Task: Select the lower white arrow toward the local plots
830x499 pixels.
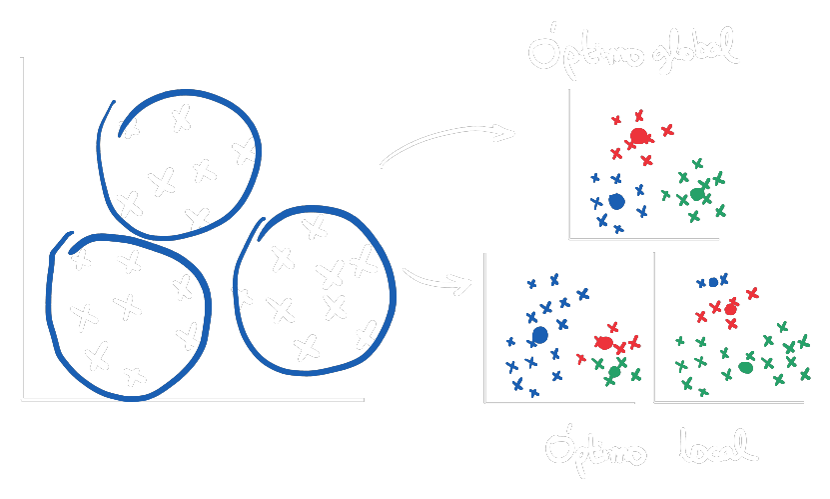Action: click(x=437, y=280)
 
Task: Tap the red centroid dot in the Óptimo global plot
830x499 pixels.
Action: click(x=638, y=135)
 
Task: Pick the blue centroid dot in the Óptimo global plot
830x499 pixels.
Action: click(x=616, y=201)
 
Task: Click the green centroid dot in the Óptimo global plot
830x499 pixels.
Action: click(x=697, y=194)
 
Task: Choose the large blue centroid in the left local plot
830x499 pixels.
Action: click(x=540, y=335)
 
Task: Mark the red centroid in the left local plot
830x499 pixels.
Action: click(x=604, y=343)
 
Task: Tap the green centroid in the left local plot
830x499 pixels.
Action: click(x=614, y=372)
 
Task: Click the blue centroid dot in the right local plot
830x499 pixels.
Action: click(x=713, y=282)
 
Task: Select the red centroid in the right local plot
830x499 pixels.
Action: click(x=730, y=309)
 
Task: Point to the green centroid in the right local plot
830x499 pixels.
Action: click(x=745, y=367)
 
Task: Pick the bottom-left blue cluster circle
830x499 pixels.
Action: click(x=50, y=310)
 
